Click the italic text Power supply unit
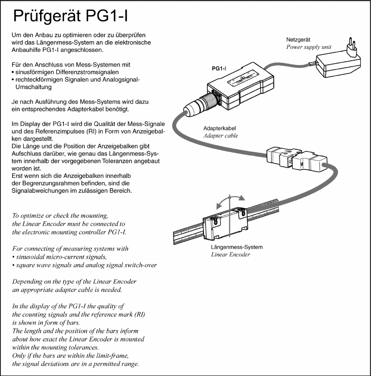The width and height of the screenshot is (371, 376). pyautogui.click(x=309, y=47)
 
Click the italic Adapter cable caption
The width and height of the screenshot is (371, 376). pyautogui.click(x=220, y=135)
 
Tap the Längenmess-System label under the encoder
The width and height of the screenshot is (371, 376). pyautogui.click(x=236, y=247)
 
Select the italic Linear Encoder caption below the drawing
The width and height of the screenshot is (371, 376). pyautogui.click(x=230, y=255)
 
